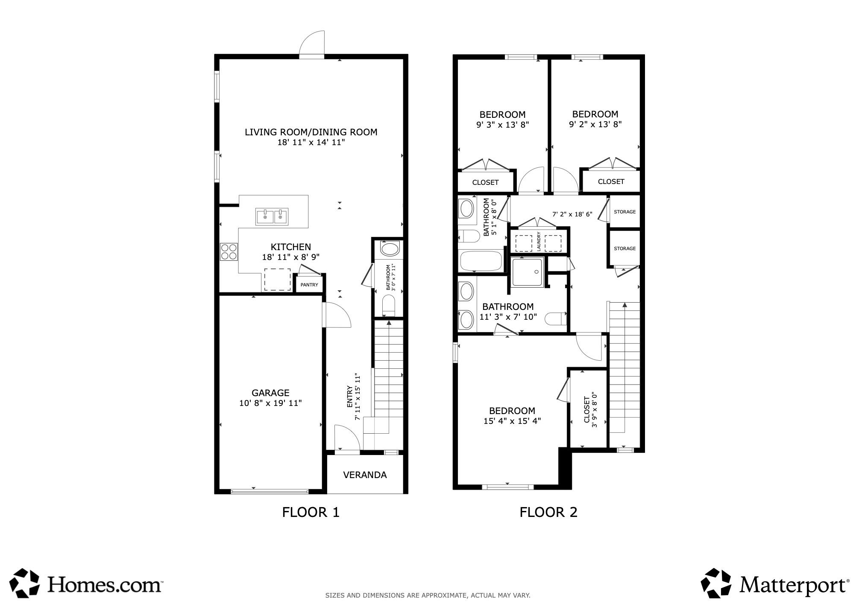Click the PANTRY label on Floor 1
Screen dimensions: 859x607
click(x=309, y=285)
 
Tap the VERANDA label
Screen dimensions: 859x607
click(x=365, y=475)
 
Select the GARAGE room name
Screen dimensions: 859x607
click(x=270, y=393)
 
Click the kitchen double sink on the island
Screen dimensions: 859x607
click(x=272, y=217)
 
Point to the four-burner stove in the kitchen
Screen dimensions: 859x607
click(x=229, y=251)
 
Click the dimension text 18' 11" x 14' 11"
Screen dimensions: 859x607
click(x=311, y=142)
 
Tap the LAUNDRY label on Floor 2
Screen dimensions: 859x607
click(x=539, y=242)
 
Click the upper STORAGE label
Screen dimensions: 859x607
click(x=624, y=212)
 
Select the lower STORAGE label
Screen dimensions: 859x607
click(x=624, y=248)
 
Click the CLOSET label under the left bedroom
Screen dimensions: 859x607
click(x=485, y=183)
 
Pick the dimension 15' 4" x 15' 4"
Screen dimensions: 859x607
click(x=512, y=421)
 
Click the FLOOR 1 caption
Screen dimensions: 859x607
click(x=311, y=512)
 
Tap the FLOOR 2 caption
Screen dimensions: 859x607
click(x=548, y=512)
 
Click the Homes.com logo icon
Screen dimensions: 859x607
click(x=25, y=583)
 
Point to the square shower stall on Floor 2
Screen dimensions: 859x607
click(x=528, y=271)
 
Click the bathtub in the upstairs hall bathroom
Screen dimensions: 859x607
click(x=481, y=261)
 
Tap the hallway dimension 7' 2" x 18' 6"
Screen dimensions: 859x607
click(x=572, y=214)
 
